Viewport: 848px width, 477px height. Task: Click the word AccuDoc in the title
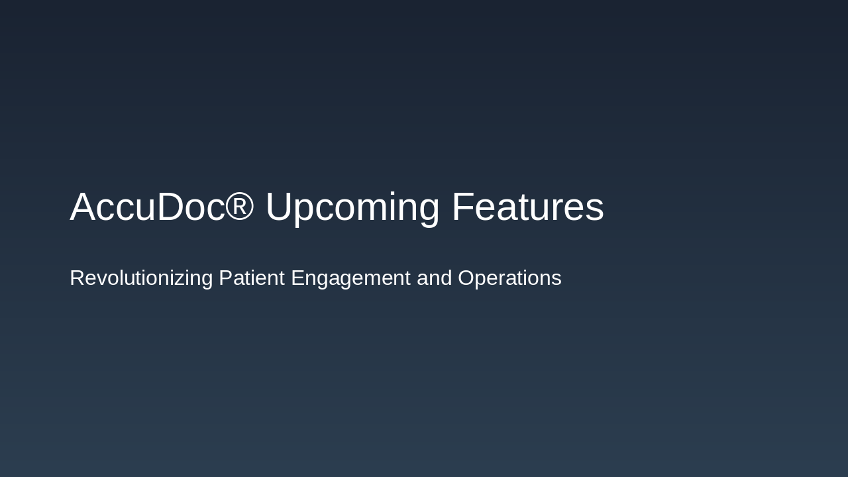[147, 207]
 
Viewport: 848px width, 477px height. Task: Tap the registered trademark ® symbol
[240, 205]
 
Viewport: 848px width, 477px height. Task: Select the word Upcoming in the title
[352, 208]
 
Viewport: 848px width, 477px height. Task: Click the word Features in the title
[527, 207]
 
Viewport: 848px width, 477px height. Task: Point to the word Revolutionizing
[141, 278]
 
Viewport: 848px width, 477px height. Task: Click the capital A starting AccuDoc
[82, 207]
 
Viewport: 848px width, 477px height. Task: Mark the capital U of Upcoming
[279, 207]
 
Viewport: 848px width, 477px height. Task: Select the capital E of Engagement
[298, 278]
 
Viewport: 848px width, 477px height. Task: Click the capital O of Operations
[467, 278]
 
